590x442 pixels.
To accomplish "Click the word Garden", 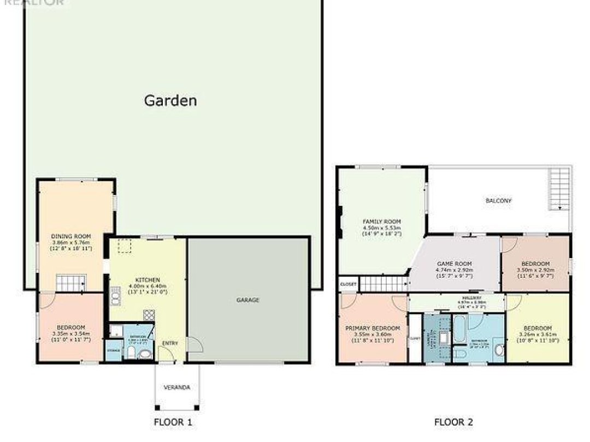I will pos(170,100).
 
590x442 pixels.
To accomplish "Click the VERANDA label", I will pos(177,387).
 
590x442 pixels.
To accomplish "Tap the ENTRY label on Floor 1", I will pos(170,343).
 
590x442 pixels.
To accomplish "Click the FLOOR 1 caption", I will pos(173,422).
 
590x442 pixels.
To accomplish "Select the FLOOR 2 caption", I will pos(453,422).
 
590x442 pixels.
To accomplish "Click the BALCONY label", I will pos(498,201).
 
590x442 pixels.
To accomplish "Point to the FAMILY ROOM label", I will pos(382,221).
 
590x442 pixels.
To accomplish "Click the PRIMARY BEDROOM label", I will pos(372,328).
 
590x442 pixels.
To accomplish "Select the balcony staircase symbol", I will pos(559,188).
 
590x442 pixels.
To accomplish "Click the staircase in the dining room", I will pos(71,283).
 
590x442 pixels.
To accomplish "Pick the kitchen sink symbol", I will pos(115,296).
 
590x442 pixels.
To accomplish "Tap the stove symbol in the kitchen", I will pos(149,314).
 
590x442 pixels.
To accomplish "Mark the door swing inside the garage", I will pos(194,344).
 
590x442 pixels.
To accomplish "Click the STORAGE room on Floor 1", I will pos(114,350).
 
